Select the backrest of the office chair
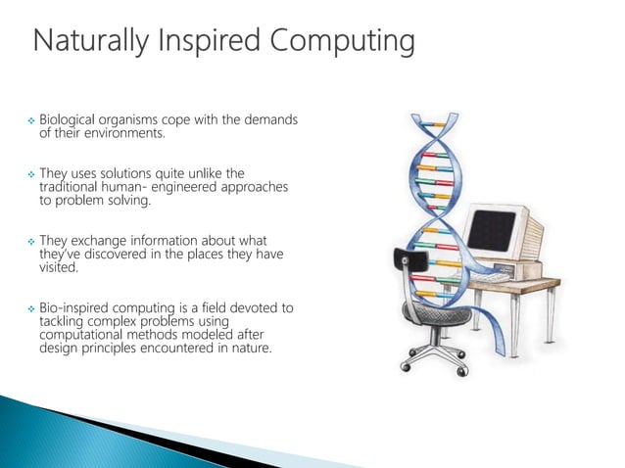click(405, 269)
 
